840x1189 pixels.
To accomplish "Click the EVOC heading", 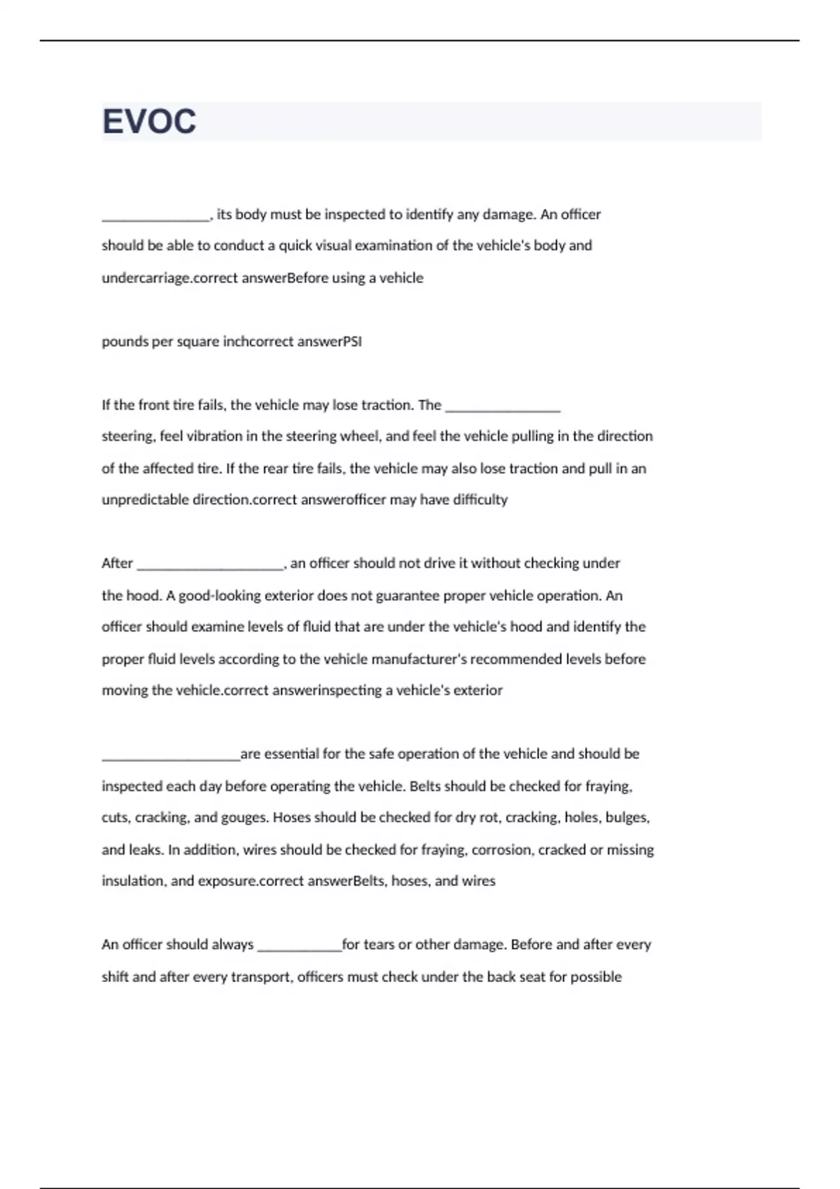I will pyautogui.click(x=149, y=122).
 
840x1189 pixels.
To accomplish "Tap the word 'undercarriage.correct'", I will pyautogui.click(x=169, y=278).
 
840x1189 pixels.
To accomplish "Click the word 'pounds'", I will pyautogui.click(x=120, y=341).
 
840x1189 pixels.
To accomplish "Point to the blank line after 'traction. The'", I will pyautogui.click(x=503, y=408).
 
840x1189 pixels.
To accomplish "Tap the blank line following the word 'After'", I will pyautogui.click(x=210, y=567).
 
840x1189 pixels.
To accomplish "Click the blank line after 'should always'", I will pyautogui.click(x=299, y=948).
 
